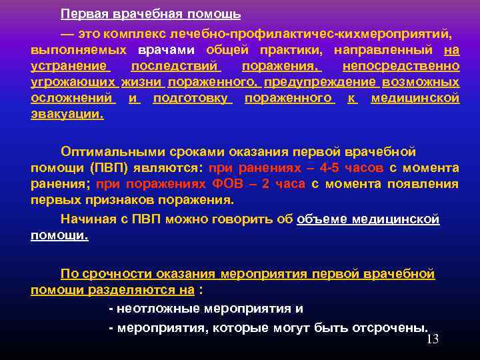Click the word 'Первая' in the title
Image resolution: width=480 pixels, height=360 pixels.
point(81,14)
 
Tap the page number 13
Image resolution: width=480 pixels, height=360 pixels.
point(432,339)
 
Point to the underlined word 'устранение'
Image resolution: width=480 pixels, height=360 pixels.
point(69,66)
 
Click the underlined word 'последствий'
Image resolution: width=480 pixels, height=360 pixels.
point(175,66)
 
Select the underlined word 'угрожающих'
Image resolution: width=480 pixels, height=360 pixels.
point(73,82)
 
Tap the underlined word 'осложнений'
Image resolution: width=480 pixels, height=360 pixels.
point(72,98)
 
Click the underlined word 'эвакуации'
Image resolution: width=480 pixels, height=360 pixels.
point(67,114)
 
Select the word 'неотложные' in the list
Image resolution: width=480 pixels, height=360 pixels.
point(151,309)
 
